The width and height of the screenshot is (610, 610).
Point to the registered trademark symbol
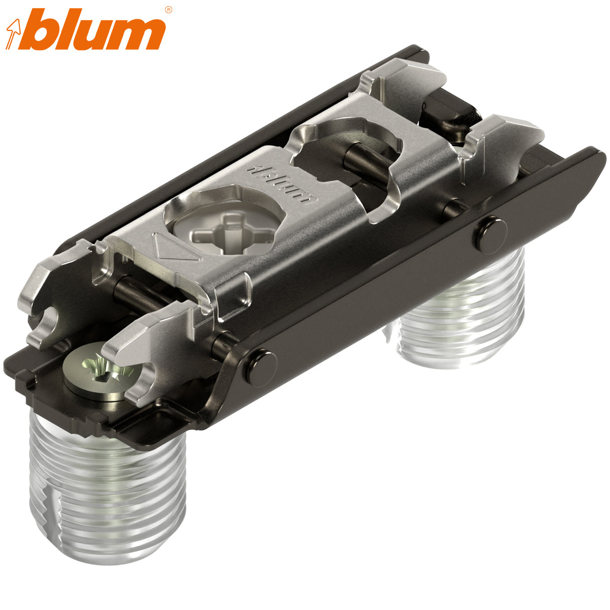point(168,9)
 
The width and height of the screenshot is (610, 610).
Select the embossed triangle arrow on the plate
point(168,248)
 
